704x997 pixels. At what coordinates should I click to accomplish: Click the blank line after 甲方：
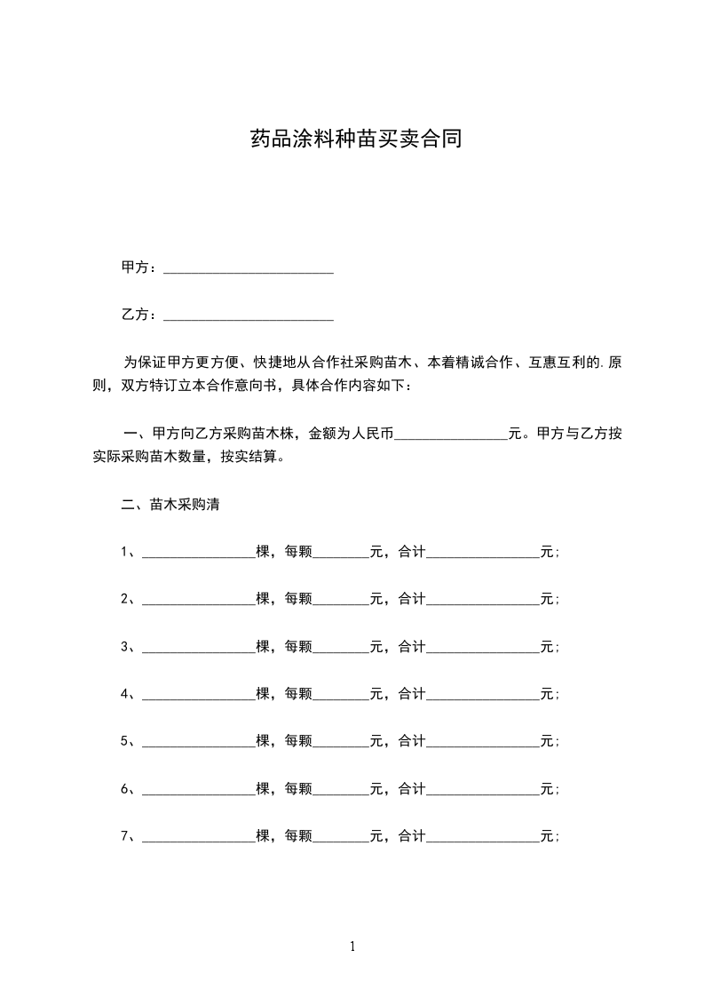pyautogui.click(x=249, y=267)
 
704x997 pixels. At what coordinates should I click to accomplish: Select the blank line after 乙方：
pyautogui.click(x=249, y=315)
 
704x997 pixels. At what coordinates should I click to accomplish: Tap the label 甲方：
pyautogui.click(x=140, y=267)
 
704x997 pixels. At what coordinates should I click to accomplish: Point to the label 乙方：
pyautogui.click(x=140, y=315)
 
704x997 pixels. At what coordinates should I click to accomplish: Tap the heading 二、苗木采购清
pyautogui.click(x=170, y=505)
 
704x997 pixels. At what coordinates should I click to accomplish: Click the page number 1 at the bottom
pyautogui.click(x=352, y=946)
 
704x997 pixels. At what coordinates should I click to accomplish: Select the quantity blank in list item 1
pyautogui.click(x=198, y=553)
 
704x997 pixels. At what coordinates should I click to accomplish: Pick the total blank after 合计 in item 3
pyautogui.click(x=483, y=647)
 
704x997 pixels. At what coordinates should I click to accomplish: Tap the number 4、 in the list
pyautogui.click(x=128, y=694)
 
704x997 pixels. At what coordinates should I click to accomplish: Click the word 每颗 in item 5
pyautogui.click(x=298, y=741)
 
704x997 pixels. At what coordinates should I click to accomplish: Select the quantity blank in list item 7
pyautogui.click(x=198, y=836)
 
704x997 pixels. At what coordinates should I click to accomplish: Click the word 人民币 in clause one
pyautogui.click(x=372, y=435)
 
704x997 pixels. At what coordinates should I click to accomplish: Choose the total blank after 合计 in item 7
pyautogui.click(x=483, y=836)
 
